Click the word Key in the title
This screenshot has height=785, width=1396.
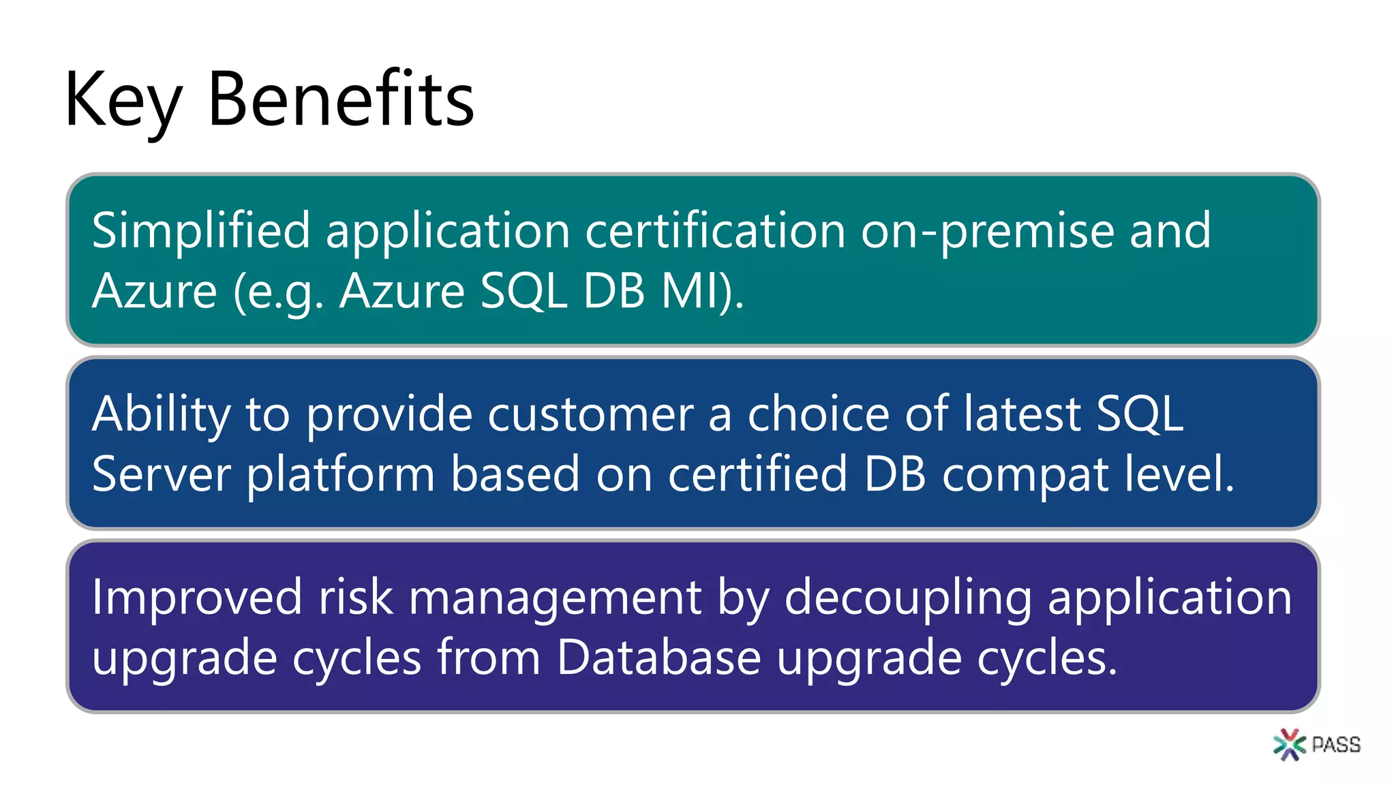pyautogui.click(x=123, y=101)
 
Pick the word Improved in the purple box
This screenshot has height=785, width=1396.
pyautogui.click(x=197, y=598)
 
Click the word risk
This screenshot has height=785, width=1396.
pyautogui.click(x=355, y=598)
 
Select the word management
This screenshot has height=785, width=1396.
pyautogui.click(x=555, y=598)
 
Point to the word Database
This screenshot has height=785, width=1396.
pyautogui.click(x=658, y=658)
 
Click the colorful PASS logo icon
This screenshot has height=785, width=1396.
pyautogui.click(x=1288, y=744)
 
